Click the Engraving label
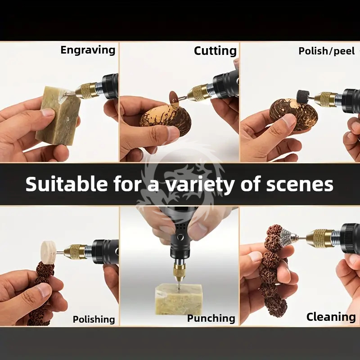[88, 50]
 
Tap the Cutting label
[215, 51]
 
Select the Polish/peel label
[327, 51]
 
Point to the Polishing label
[94, 319]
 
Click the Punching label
[211, 319]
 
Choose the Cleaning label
[331, 317]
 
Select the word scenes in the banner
[300, 185]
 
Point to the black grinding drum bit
[303, 96]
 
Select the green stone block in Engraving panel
[58, 115]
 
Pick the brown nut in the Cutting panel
[165, 119]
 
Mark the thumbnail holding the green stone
[48, 112]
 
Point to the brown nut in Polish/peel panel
[294, 114]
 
